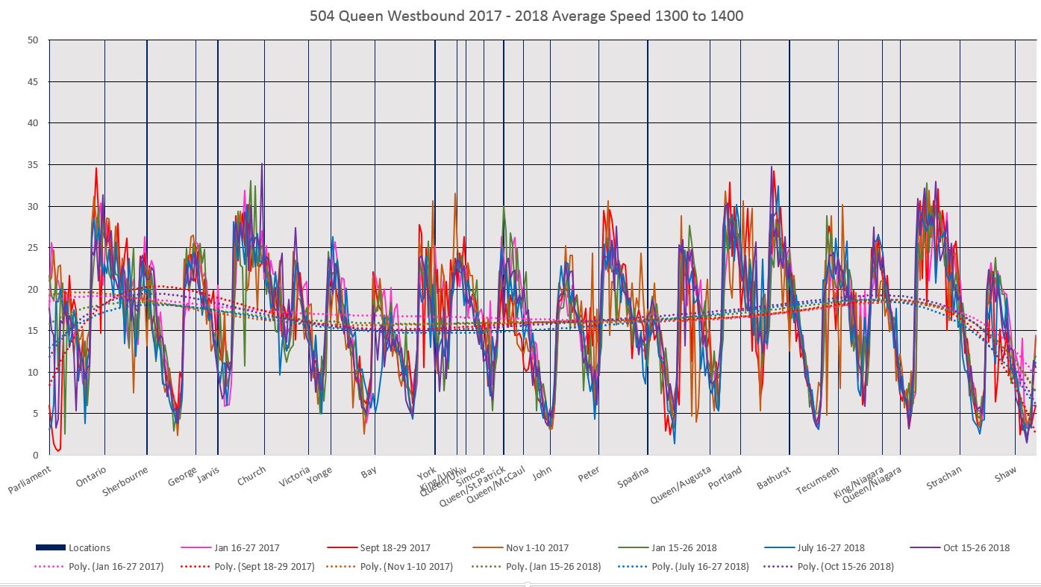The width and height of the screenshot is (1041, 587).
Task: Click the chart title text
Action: [x=526, y=16]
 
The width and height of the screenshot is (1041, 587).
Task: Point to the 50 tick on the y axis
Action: [x=33, y=40]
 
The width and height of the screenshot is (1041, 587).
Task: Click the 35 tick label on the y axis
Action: [x=33, y=164]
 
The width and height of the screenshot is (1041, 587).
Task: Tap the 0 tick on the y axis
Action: [x=35, y=455]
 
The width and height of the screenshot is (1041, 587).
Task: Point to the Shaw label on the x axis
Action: [x=1006, y=473]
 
